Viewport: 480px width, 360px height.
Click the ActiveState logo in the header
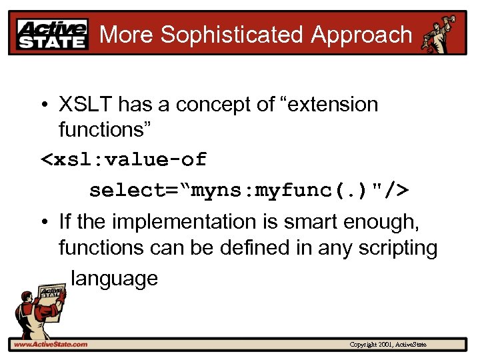(53, 34)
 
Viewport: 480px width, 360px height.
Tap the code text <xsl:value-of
(124, 160)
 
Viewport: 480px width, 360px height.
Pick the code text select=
(139, 191)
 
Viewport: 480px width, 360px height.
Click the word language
(114, 278)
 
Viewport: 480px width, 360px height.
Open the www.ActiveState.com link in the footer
(51, 344)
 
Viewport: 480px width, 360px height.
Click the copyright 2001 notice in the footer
(388, 345)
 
